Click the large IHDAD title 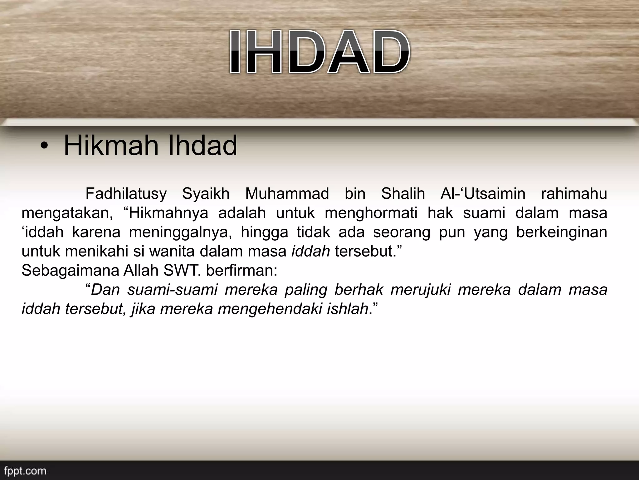319,52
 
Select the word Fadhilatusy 126,194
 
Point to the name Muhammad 287,194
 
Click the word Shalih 403,194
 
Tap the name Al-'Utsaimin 483,194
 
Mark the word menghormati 371,213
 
